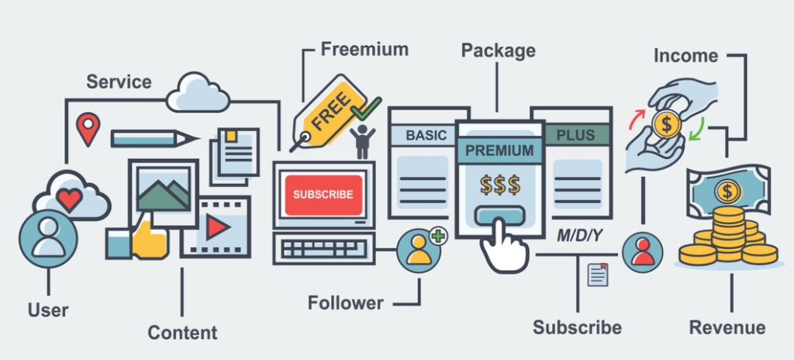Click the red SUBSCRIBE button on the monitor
coord(323,195)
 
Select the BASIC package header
coord(426,135)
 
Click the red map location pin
coord(88,127)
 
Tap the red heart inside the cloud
coord(69,199)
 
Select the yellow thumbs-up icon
coord(149,241)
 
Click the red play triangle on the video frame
coord(218,227)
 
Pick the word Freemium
coord(364,50)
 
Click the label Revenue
coord(727,327)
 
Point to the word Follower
coord(345,303)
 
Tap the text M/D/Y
coord(581,235)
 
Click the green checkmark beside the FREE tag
coord(364,109)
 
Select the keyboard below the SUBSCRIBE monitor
coord(323,247)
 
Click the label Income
coord(685,55)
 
